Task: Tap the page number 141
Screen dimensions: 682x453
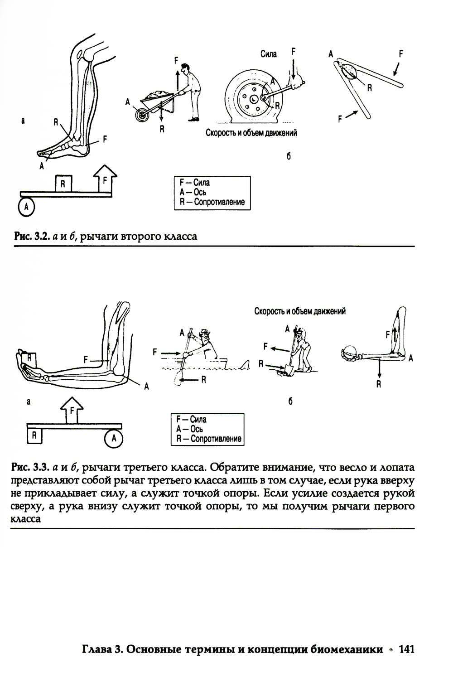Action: click(406, 649)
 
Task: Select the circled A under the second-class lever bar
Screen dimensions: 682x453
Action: click(26, 207)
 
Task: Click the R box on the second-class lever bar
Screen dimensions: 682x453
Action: click(63, 184)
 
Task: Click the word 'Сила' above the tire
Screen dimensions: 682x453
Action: click(269, 54)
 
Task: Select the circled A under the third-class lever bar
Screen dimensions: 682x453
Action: click(114, 438)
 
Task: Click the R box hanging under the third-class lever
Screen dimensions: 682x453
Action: click(34, 436)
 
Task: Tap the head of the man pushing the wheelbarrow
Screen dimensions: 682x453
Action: click(185, 68)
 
